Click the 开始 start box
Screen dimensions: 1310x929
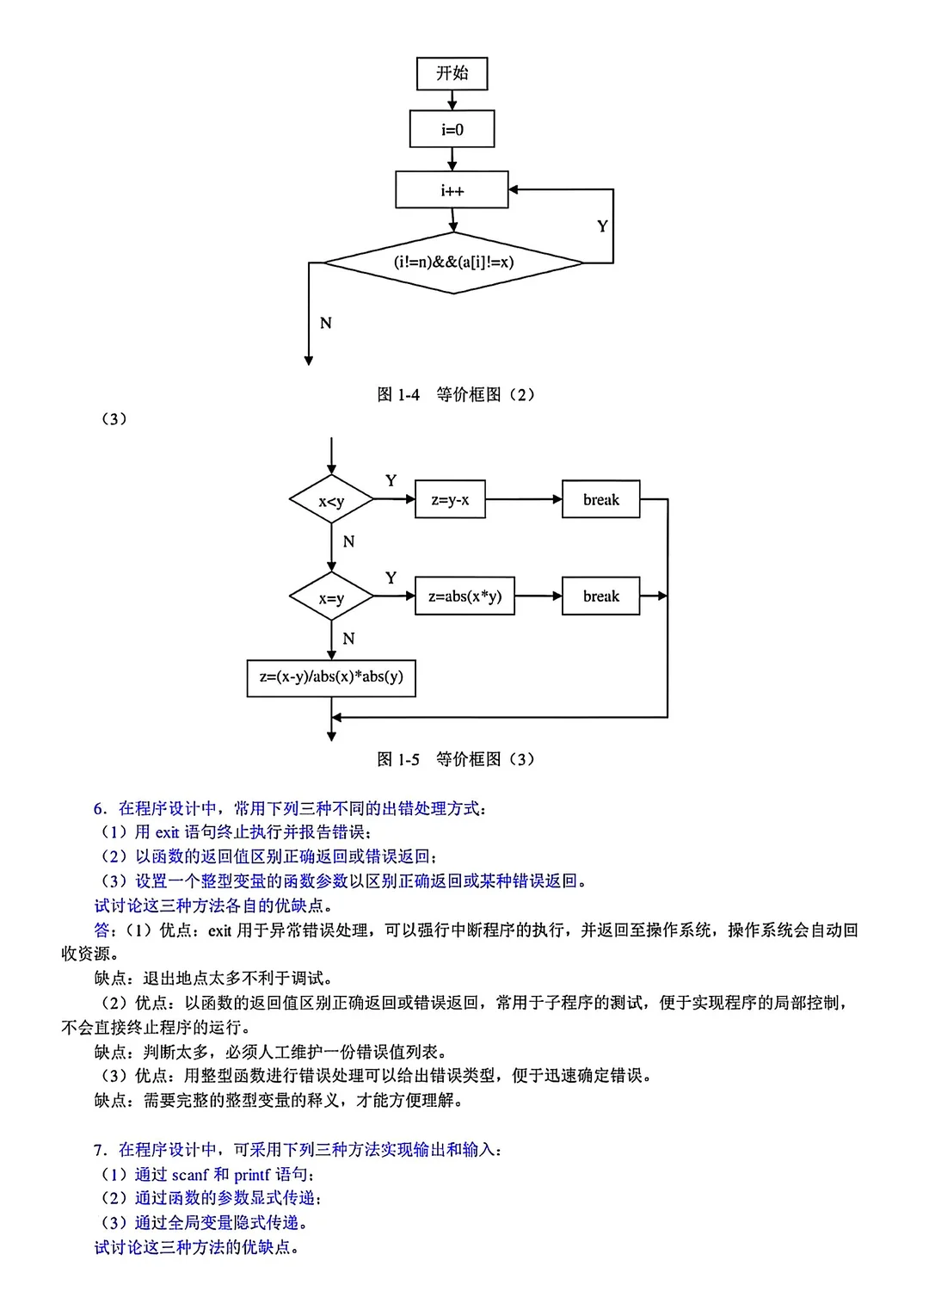(452, 73)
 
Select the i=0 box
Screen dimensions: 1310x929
(452, 129)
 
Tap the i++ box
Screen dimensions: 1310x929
(452, 190)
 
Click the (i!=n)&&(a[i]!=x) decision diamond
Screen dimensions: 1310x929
(453, 263)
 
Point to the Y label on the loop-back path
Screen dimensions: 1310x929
(602, 226)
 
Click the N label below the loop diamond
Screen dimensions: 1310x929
(325, 323)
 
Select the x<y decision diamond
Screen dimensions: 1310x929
(331, 500)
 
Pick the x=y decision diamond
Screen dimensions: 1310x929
(331, 597)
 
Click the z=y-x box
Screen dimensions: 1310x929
(450, 499)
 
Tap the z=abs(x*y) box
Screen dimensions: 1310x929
(464, 596)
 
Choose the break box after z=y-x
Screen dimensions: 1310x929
(600, 499)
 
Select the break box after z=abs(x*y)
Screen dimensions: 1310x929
(600, 596)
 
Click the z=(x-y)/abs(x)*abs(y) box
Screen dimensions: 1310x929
(331, 677)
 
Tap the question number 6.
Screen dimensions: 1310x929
(100, 808)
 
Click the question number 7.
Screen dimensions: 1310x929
(100, 1150)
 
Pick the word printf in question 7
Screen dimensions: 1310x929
(251, 1175)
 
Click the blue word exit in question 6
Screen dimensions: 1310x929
(167, 832)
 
